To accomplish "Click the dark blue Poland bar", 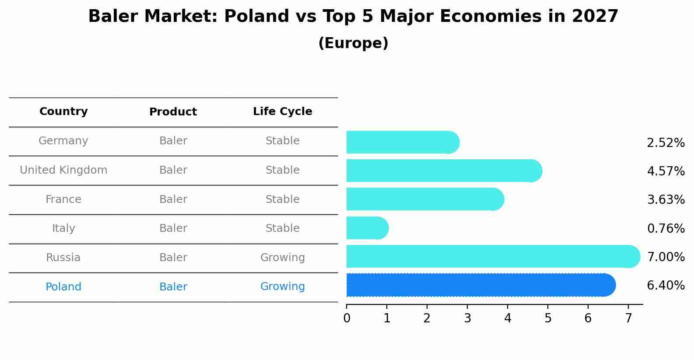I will tap(480, 285).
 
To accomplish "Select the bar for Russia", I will tap(493, 256).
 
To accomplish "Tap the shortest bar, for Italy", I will tap(367, 228).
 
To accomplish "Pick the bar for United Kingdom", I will tap(444, 171).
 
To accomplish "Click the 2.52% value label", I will tap(665, 143).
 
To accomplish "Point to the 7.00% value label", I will tap(665, 257).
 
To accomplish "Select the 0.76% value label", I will tap(665, 228).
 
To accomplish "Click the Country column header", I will tap(63, 112).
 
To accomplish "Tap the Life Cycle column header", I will tap(282, 112).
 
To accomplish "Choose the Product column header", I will tap(173, 112).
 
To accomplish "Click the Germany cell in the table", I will tap(63, 141).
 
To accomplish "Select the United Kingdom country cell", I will tap(63, 170).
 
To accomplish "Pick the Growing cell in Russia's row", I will tap(282, 258).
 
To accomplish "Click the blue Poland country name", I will tap(63, 287).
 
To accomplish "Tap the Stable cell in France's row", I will tap(282, 199).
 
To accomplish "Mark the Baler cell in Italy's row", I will tap(173, 228).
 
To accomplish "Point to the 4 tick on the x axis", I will tap(508, 318).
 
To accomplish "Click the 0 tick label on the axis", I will tap(347, 318).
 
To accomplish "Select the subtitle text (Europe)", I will tap(353, 43).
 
